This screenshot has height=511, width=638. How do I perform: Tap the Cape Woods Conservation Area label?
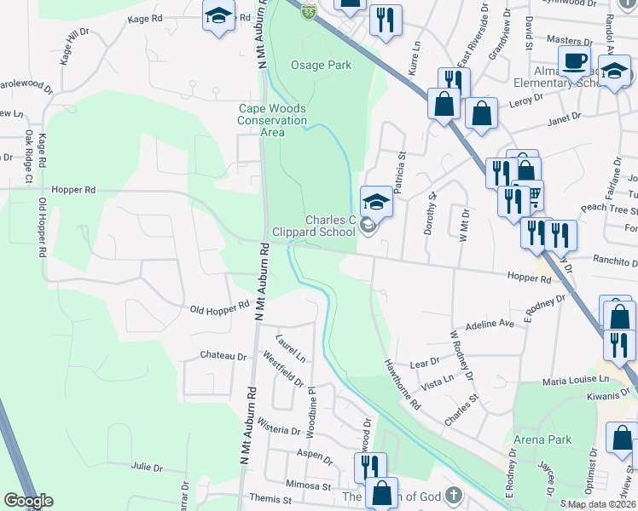[x=272, y=120]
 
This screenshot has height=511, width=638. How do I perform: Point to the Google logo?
[x=29, y=501]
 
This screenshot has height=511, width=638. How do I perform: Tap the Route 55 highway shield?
[x=309, y=10]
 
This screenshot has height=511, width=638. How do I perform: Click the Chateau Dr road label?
[x=223, y=355]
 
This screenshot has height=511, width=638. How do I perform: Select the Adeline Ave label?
[x=490, y=324]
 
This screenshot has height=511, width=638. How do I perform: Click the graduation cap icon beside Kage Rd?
[x=218, y=16]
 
